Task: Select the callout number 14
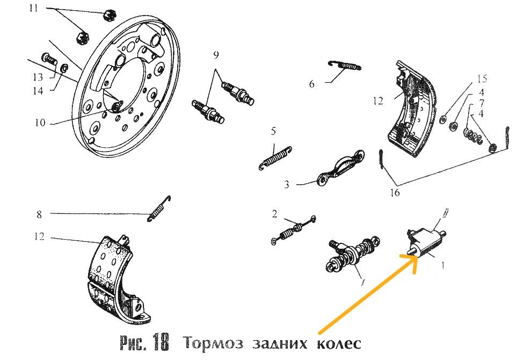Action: click(x=37, y=91)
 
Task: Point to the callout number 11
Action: click(x=34, y=9)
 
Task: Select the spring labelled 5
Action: click(x=276, y=156)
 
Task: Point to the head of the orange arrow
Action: click(x=416, y=257)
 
